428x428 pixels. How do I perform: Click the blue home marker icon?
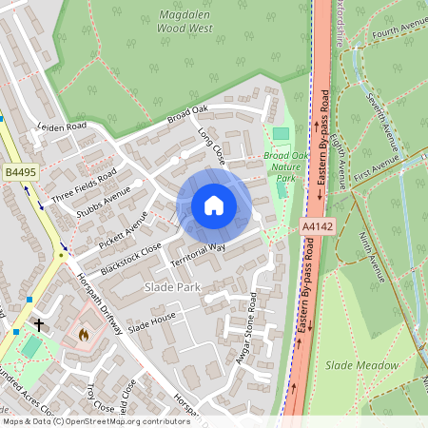pyautogui.click(x=214, y=205)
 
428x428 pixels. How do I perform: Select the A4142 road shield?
pyautogui.click(x=318, y=227)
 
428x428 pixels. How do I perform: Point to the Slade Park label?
pyautogui.click(x=169, y=285)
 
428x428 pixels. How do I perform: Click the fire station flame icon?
pyautogui.click(x=83, y=335)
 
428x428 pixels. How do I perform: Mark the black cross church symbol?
pyautogui.click(x=39, y=324)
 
